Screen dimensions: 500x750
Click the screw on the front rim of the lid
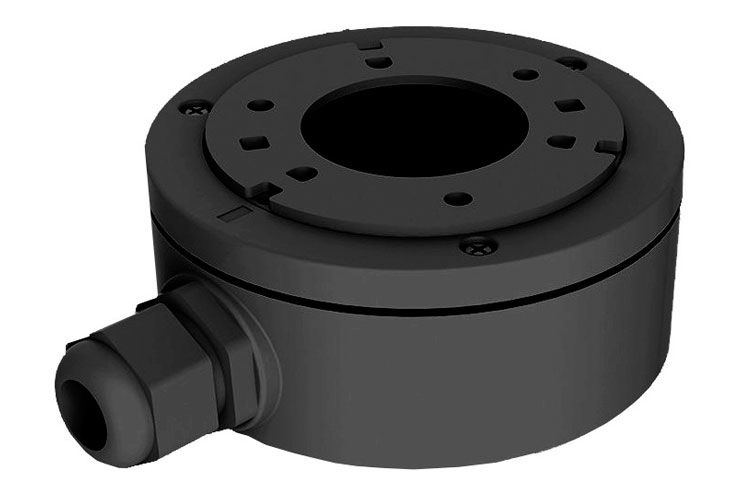(478, 243)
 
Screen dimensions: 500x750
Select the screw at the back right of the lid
(571, 63)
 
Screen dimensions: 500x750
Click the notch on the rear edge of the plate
(369, 46)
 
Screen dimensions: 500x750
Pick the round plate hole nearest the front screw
(457, 198)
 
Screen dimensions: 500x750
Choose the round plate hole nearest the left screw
(258, 104)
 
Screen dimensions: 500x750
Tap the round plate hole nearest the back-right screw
(525, 75)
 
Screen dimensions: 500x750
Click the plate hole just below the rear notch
(379, 61)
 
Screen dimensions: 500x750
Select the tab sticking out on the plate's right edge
(608, 146)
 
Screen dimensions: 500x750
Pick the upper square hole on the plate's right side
(568, 104)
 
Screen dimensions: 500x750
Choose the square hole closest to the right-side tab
(562, 141)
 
